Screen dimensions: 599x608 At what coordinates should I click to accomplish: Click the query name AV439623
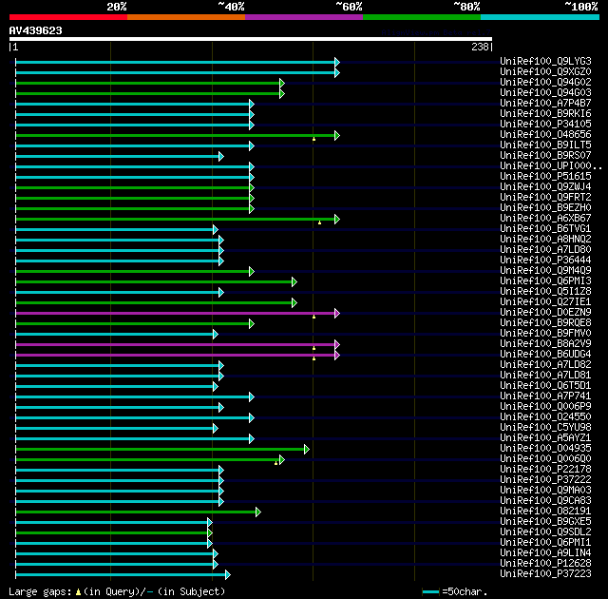[x=36, y=30]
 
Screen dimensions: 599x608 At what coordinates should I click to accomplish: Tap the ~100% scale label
[x=580, y=7]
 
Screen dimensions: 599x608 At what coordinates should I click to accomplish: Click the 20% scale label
[x=116, y=7]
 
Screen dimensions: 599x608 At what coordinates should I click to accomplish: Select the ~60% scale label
[x=349, y=7]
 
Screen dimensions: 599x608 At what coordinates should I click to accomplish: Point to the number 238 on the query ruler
[x=480, y=46]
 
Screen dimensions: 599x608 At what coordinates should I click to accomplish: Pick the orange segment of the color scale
[x=185, y=17]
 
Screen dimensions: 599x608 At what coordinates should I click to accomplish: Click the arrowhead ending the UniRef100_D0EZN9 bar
[x=336, y=312]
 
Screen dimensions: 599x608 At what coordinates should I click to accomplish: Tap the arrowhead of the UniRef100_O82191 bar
[x=257, y=512]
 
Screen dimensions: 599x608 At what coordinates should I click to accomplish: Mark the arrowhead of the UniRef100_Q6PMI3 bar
[x=294, y=281]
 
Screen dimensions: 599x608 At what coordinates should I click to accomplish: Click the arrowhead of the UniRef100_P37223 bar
[x=227, y=574]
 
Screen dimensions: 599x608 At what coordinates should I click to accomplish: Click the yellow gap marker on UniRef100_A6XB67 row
[x=320, y=222]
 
